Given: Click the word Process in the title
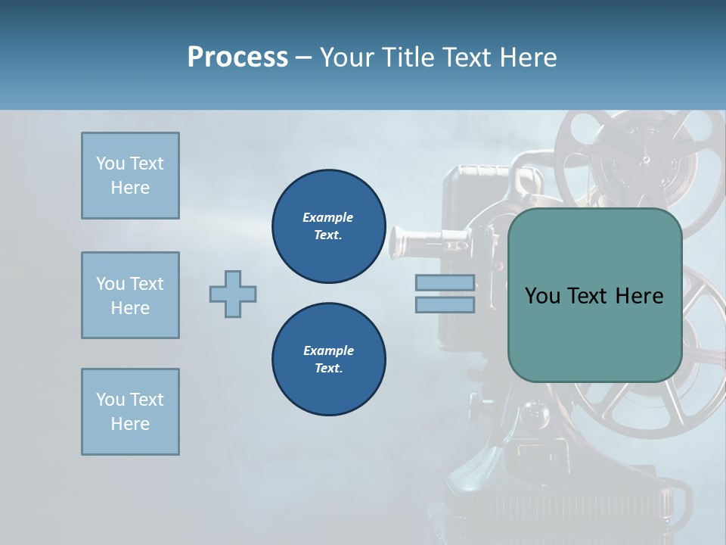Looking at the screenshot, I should (237, 58).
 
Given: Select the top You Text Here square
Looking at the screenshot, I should (130, 176).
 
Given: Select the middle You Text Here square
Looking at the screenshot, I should (130, 295).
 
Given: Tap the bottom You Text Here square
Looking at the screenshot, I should (130, 412).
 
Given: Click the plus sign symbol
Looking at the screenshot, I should (233, 294).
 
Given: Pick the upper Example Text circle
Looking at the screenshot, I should (329, 226).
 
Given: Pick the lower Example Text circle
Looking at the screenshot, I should (329, 360).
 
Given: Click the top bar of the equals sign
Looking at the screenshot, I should (445, 283).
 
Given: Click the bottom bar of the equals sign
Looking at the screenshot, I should (445, 304).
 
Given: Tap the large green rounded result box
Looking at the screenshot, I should (594, 333).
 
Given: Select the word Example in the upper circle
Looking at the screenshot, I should (328, 217).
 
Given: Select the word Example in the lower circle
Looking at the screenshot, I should (328, 350).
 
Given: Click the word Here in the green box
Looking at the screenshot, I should (639, 296).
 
